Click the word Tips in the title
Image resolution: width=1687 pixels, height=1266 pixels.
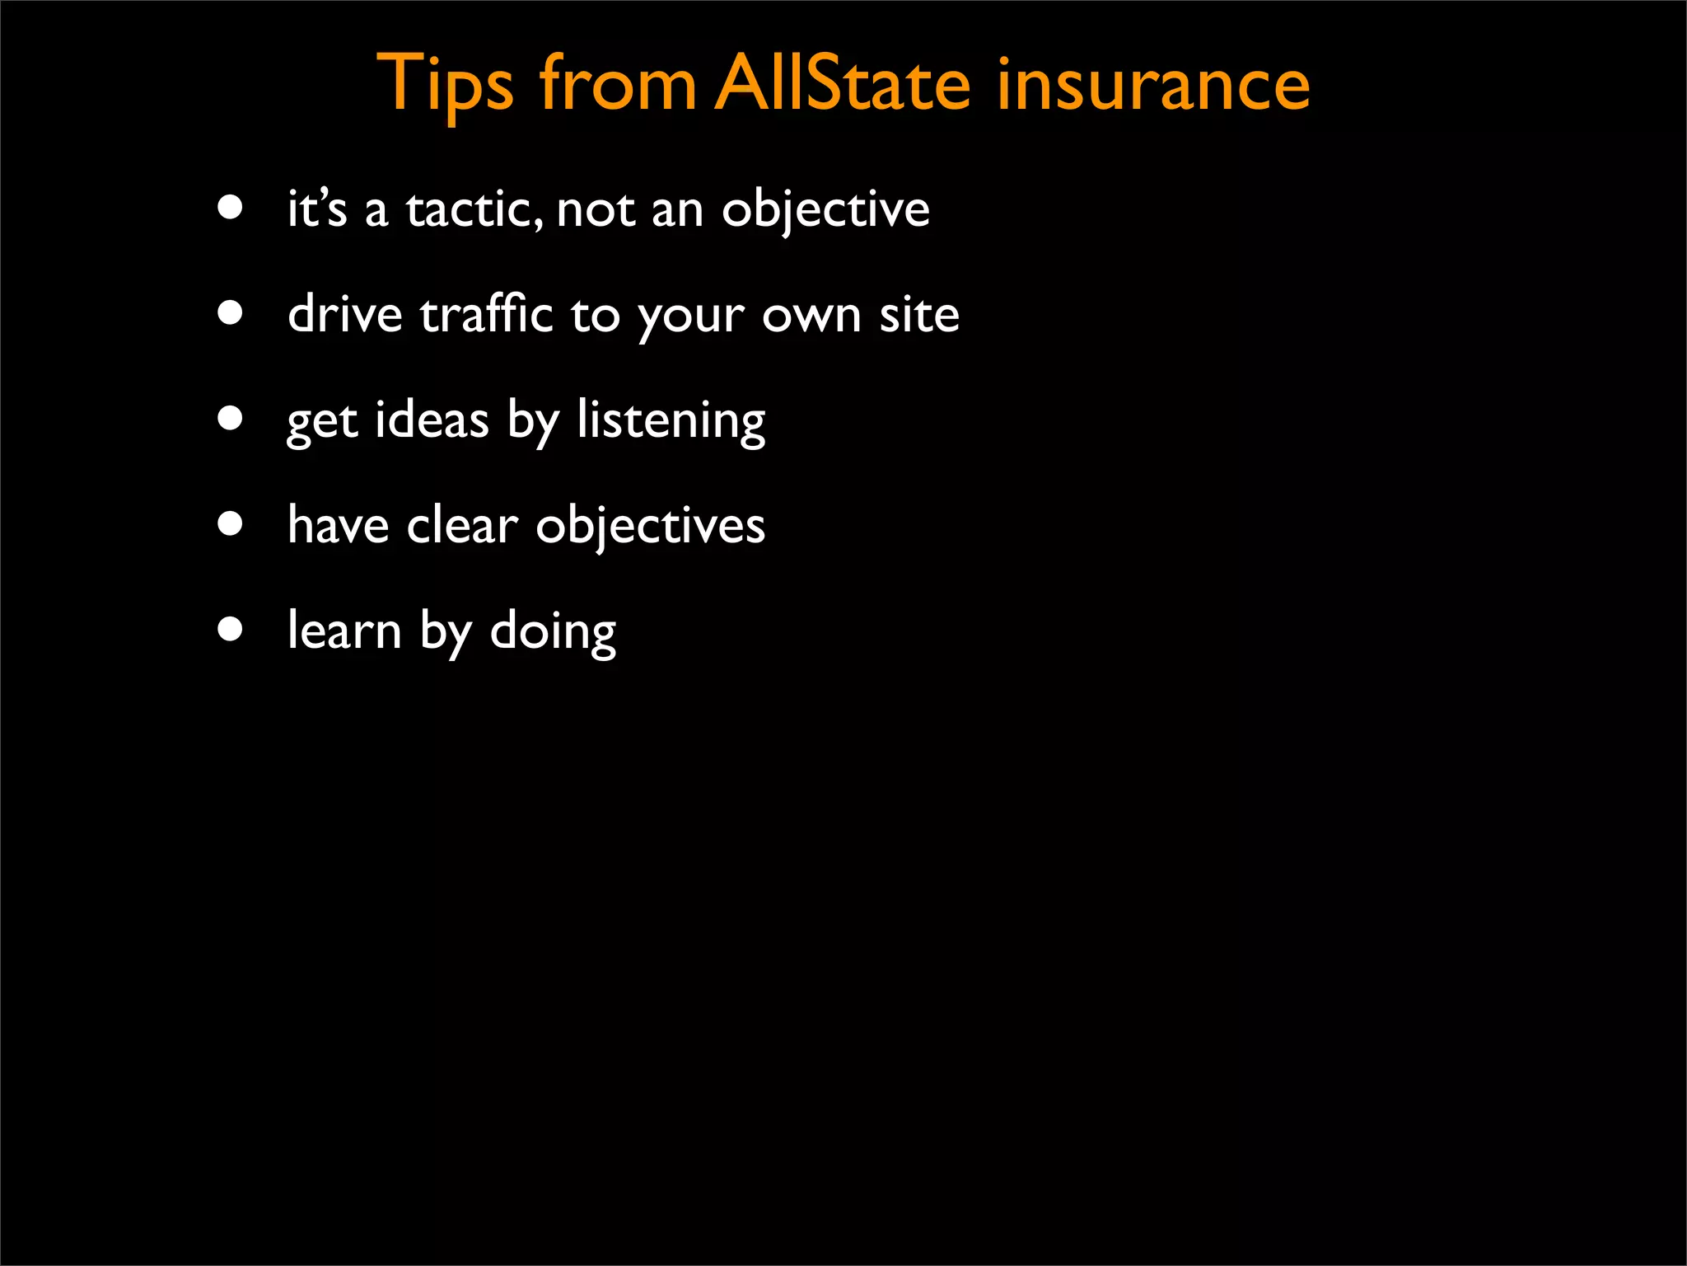coord(445,84)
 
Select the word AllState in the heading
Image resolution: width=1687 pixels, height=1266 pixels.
coord(842,84)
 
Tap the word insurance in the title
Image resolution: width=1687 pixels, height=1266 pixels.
coord(1152,84)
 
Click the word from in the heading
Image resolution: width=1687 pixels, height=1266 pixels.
coord(618,84)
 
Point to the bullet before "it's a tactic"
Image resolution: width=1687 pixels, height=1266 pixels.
coord(231,208)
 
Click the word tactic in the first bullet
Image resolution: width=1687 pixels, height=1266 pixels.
coord(474,209)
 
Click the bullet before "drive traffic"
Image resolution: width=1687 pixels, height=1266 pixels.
coord(231,313)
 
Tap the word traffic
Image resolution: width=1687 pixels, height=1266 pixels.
coord(486,315)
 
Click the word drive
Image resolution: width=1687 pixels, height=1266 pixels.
coord(344,315)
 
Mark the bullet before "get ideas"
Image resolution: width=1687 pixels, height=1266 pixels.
coord(231,419)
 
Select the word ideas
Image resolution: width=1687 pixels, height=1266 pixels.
coord(432,420)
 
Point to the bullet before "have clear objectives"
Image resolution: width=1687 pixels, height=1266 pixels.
coord(231,524)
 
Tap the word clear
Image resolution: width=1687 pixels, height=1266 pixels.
coord(462,526)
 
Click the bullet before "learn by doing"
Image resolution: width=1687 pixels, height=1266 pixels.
coord(231,630)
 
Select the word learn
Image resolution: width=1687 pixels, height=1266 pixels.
coord(343,631)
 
